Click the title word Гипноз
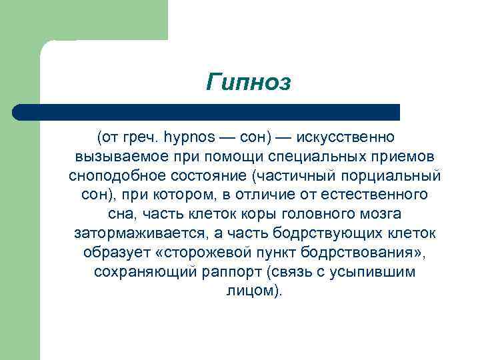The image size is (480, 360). (249, 83)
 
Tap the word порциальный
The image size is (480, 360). (398, 176)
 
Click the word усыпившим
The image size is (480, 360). (377, 273)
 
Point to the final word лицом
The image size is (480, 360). (251, 292)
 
